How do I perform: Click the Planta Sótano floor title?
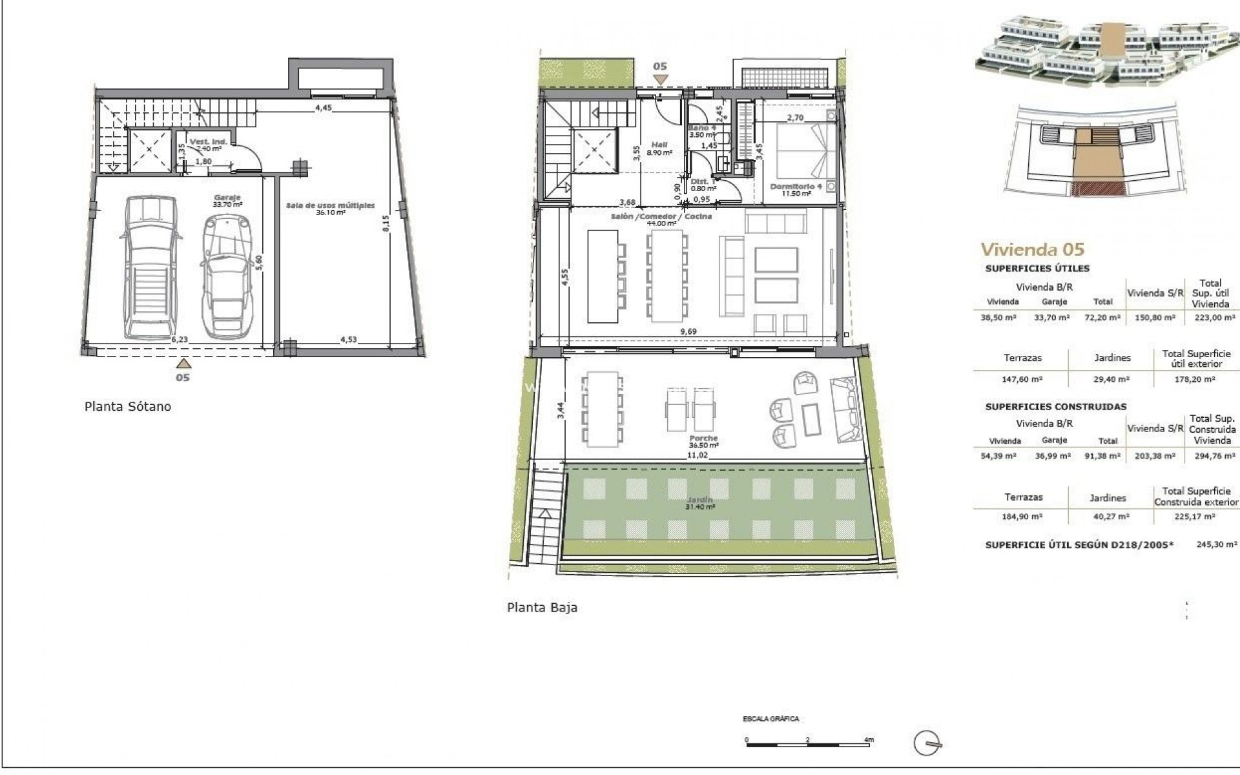(128, 407)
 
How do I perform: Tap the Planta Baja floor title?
(542, 608)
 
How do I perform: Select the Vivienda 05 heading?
(1032, 249)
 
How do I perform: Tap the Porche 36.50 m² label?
(703, 442)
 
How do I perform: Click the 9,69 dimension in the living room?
(688, 332)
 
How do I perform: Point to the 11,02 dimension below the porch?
(696, 455)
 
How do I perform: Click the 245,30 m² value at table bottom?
(1217, 545)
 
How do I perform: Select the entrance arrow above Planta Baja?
(659, 79)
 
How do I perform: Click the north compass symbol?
(928, 743)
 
